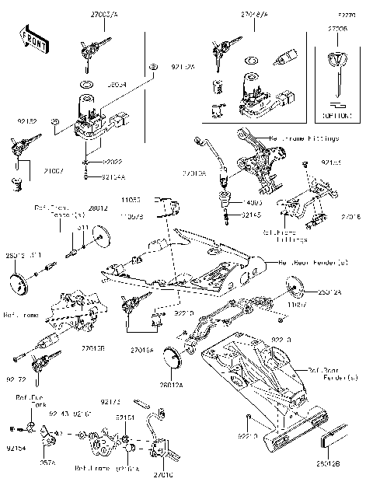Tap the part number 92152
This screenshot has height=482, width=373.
click(x=26, y=122)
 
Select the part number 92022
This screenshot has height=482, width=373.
click(x=113, y=161)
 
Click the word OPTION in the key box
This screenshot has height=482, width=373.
click(x=336, y=116)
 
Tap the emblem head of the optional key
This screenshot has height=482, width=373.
click(x=336, y=61)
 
